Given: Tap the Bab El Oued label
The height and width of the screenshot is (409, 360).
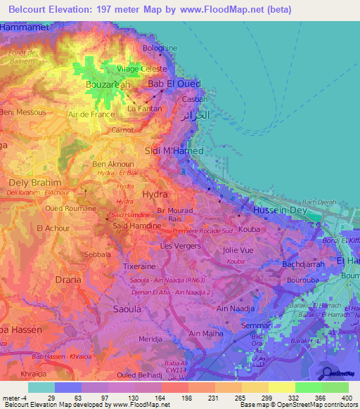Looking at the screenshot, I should click(174, 84).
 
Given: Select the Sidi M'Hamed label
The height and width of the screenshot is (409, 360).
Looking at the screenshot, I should click(174, 151).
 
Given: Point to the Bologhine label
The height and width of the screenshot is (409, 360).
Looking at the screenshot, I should click(161, 48).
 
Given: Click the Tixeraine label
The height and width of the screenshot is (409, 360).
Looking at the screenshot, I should click(140, 267).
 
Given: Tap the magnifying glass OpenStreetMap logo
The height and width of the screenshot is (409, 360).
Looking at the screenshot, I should click(327, 372).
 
